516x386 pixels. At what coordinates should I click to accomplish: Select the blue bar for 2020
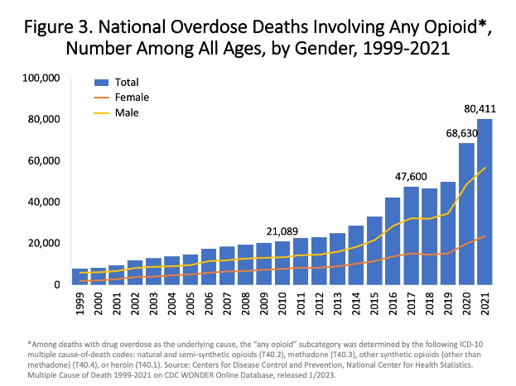(466, 214)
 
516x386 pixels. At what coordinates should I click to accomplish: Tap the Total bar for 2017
(412, 236)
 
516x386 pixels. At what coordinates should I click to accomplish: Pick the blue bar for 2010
(282, 263)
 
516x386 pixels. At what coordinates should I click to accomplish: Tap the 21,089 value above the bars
(283, 230)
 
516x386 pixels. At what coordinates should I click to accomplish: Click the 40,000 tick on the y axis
(45, 202)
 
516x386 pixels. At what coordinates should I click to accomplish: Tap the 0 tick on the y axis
(58, 284)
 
